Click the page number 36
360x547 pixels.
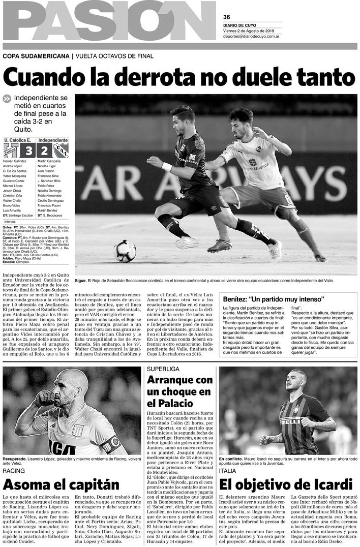[x=227, y=16]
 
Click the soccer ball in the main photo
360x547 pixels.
[x=125, y=251]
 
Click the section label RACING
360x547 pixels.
[x=14, y=471]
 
